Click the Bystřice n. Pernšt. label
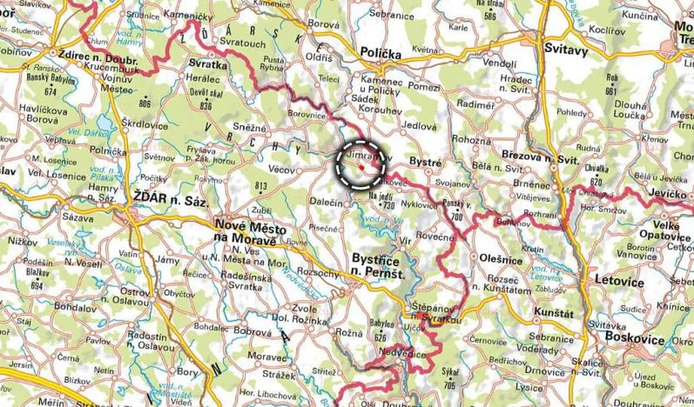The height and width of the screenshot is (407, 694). coord(384,266)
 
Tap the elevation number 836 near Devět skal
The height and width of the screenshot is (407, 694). coord(206,105)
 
